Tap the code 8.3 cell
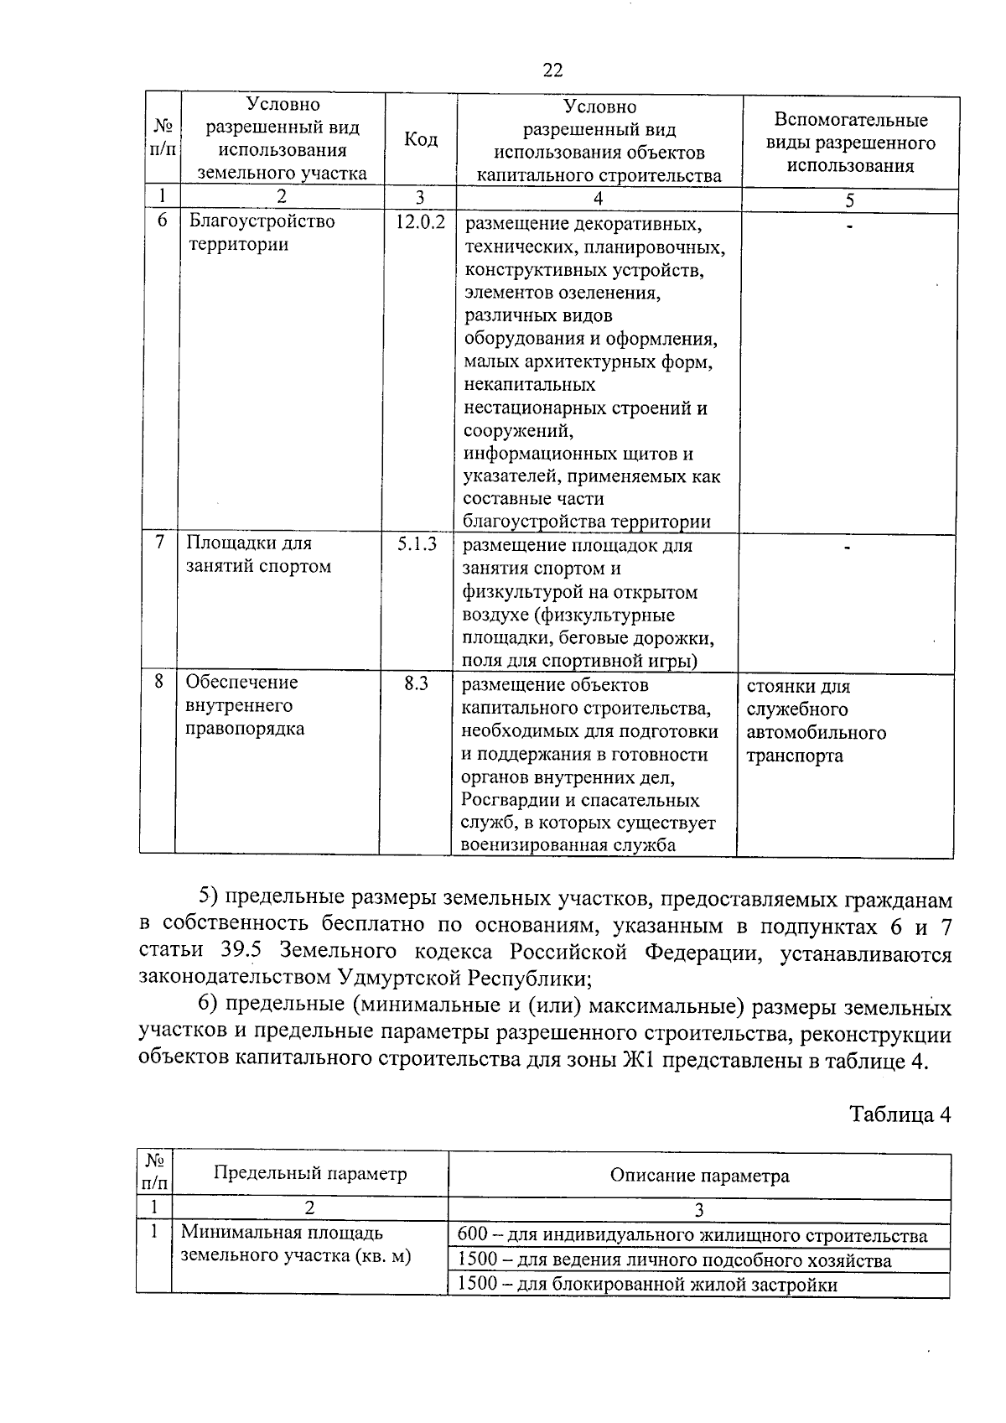pos(417,683)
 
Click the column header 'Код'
pos(421,140)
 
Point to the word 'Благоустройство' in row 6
pos(262,221)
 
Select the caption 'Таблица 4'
pos(900,1114)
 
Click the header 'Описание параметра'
pos(699,1176)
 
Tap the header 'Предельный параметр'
pos(310,1173)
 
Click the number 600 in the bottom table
pos(473,1236)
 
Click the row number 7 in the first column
pos(159,543)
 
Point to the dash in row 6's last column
pos(850,226)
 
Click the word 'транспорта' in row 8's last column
pos(795,756)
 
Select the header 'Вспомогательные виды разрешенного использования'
pos(850,143)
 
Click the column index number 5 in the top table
pos(850,200)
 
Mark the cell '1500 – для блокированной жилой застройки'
pos(647,1285)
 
